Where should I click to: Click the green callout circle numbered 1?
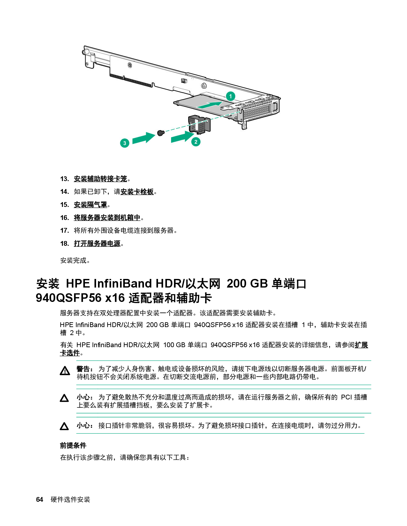[230, 96]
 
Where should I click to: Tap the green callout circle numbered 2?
[196, 142]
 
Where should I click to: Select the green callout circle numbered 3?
[124, 143]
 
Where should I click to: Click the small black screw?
[161, 133]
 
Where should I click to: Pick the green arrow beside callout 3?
[143, 138]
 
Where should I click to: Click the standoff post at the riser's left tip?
[84, 52]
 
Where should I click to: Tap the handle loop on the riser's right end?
[275, 106]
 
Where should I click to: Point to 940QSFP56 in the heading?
[69, 298]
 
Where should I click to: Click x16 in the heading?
[115, 298]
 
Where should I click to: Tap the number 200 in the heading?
[236, 283]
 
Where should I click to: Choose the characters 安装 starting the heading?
[48, 283]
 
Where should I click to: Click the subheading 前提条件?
[73, 445]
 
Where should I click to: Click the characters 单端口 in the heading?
[289, 283]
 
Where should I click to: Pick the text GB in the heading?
[259, 283]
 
